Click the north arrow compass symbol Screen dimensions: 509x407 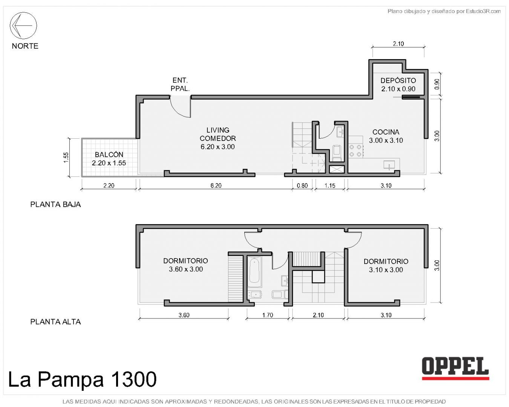[x=23, y=25]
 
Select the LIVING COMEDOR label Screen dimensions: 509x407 [x=218, y=138]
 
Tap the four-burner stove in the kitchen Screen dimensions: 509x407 [x=356, y=151]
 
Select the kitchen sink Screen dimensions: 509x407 [x=389, y=165]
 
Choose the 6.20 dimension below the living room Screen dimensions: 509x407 [x=216, y=185]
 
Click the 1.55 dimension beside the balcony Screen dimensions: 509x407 [x=66, y=157]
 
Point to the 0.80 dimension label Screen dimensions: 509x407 [x=302, y=185]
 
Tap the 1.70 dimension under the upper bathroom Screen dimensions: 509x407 [x=268, y=315]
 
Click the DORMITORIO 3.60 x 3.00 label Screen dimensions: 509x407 [x=186, y=265]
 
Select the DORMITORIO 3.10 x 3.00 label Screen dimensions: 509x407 [x=386, y=266]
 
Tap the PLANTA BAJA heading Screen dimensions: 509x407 [x=55, y=204]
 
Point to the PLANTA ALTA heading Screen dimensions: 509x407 [x=55, y=321]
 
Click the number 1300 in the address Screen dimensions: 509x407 [x=133, y=379]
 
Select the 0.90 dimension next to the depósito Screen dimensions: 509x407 [x=437, y=84]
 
